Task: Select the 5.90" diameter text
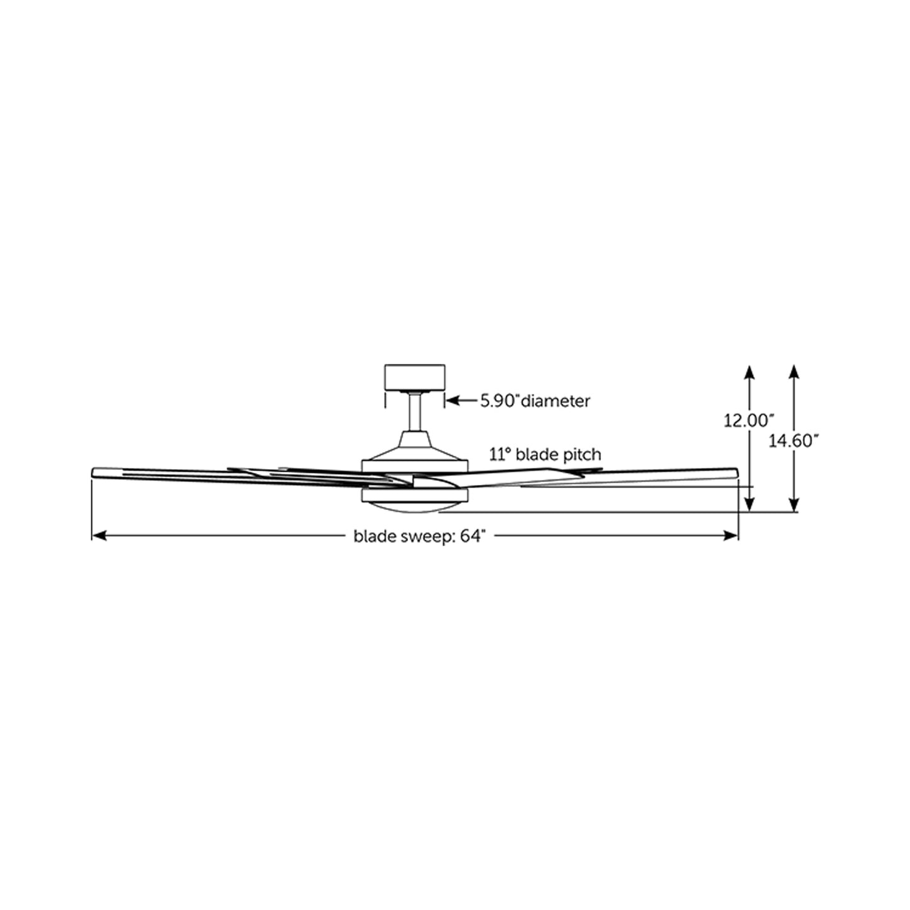(535, 401)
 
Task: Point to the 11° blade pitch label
(545, 454)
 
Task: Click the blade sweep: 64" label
(420, 536)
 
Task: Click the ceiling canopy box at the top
(414, 378)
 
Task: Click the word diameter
(556, 401)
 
